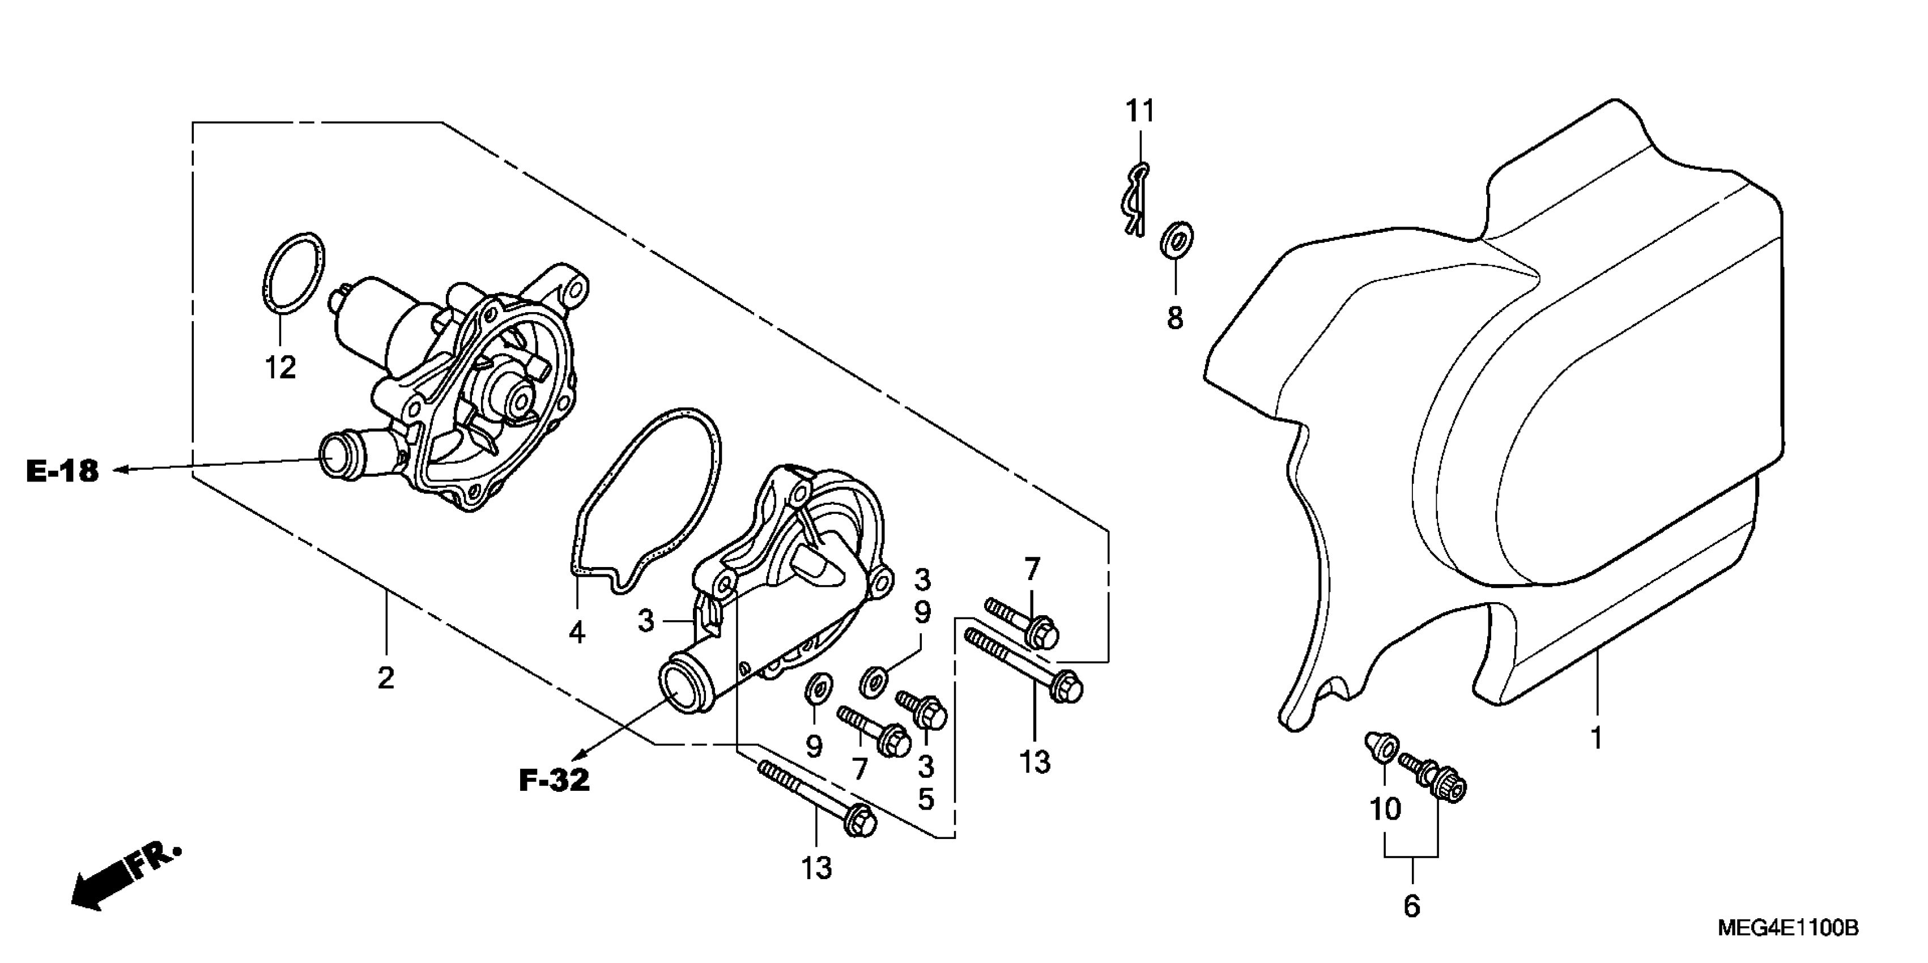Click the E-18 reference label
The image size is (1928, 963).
click(x=63, y=471)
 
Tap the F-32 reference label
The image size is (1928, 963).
click(x=554, y=781)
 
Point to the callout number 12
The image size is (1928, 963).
click(x=280, y=368)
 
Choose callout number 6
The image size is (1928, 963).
click(x=1411, y=906)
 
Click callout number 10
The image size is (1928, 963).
click(x=1385, y=809)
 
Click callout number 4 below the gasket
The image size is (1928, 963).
click(x=576, y=633)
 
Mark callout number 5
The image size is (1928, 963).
click(x=926, y=799)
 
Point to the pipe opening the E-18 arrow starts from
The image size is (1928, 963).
click(x=335, y=457)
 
